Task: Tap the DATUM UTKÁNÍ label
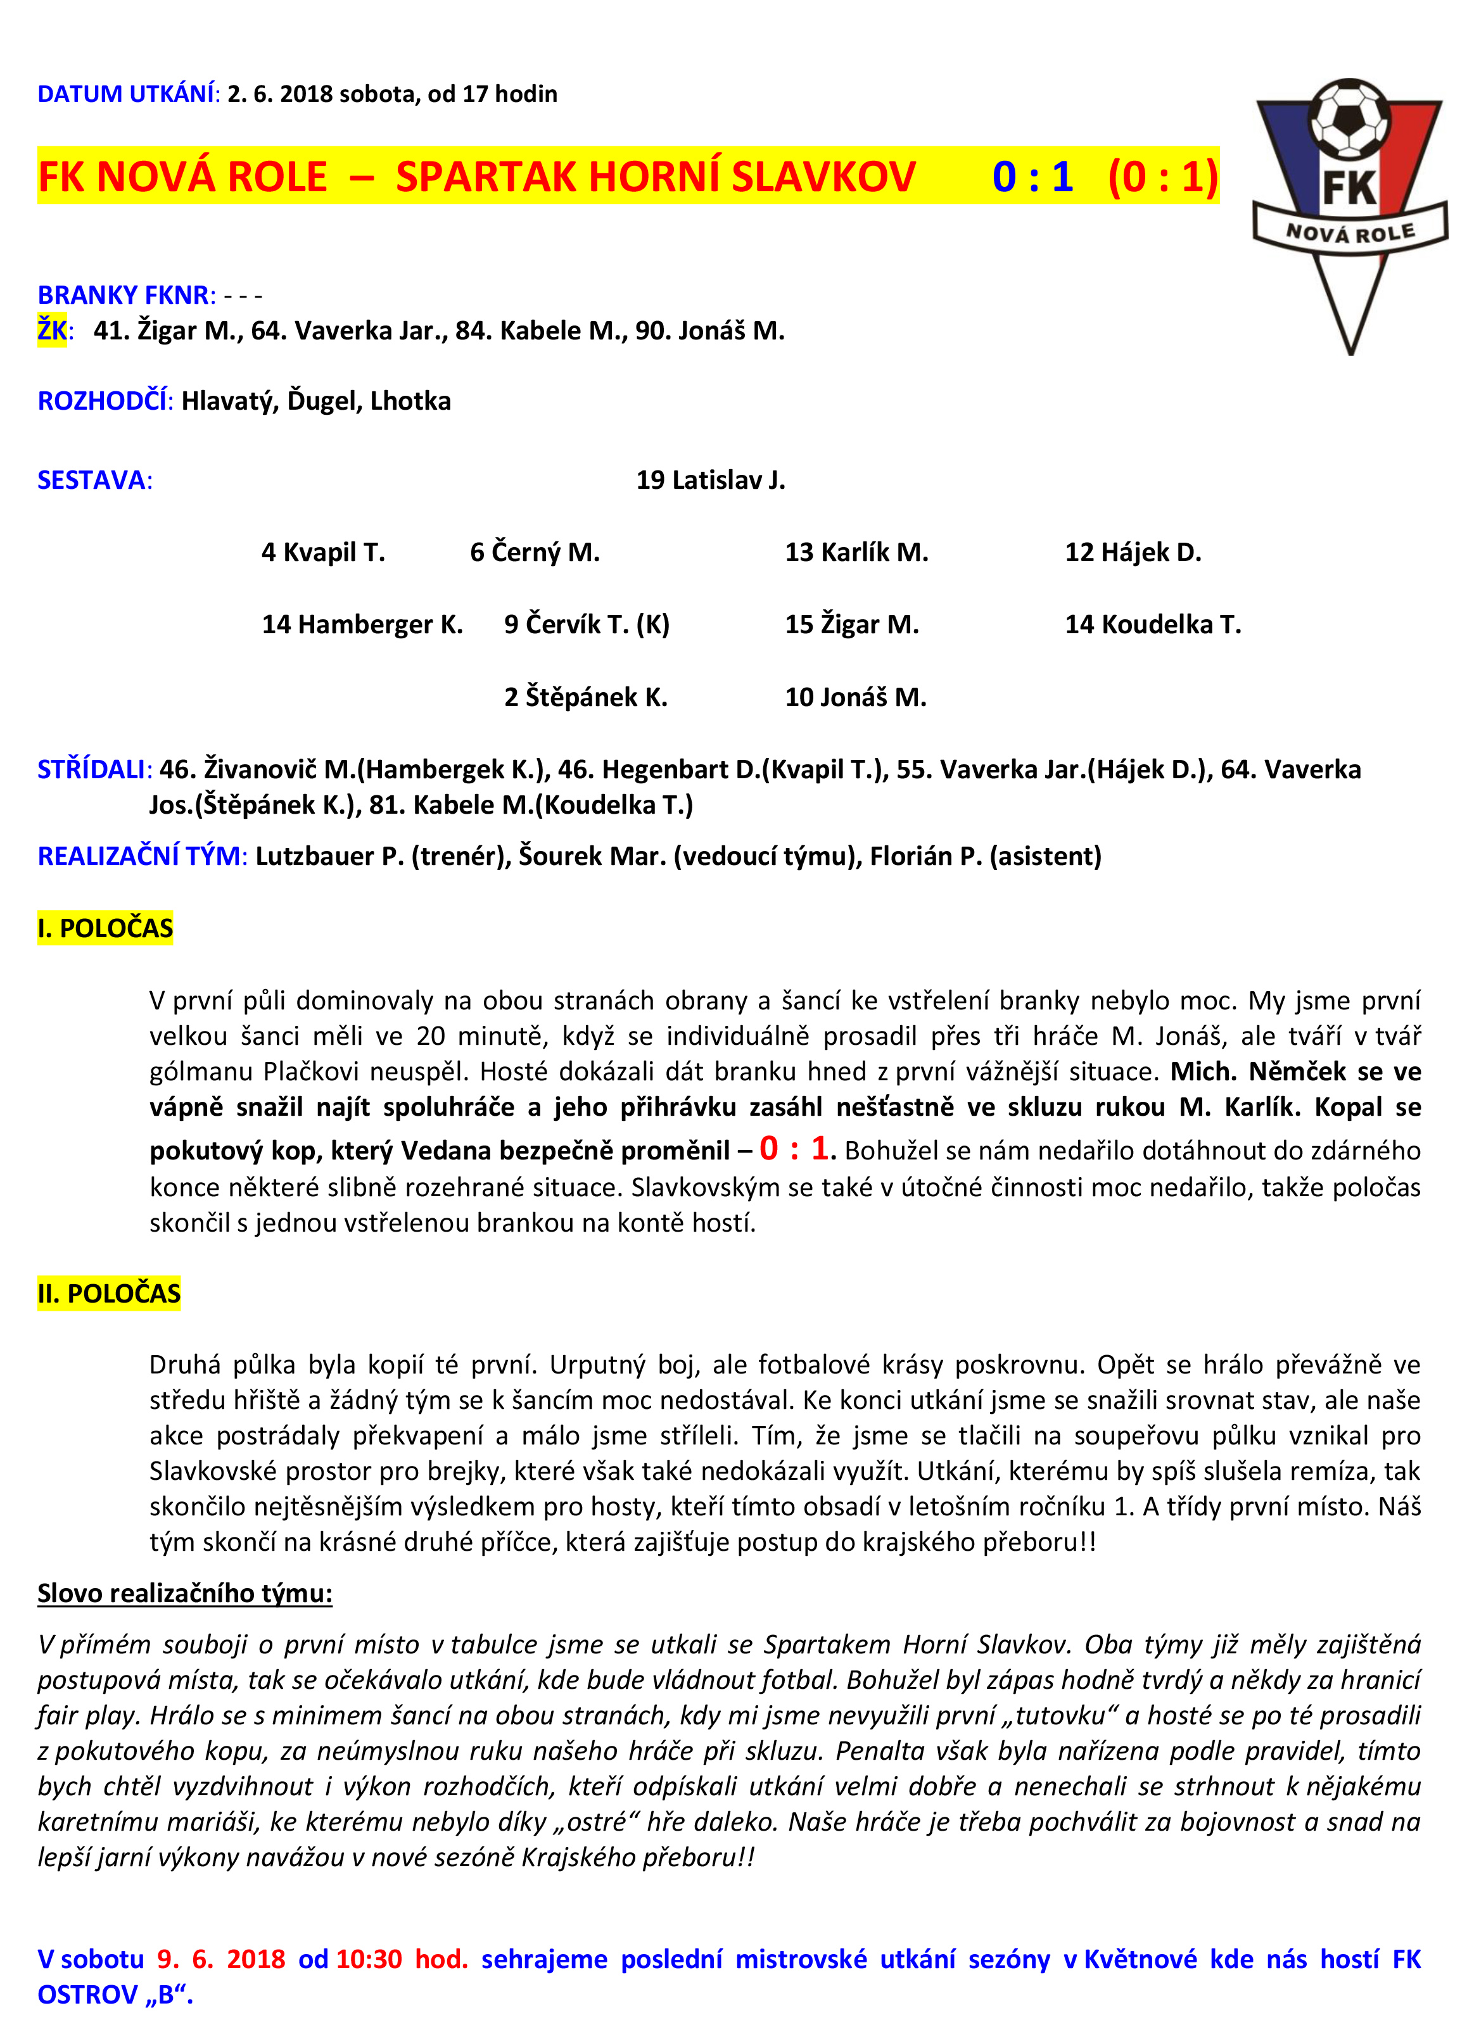(x=127, y=94)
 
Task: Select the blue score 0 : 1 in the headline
(x=1032, y=176)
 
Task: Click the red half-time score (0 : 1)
(x=1162, y=176)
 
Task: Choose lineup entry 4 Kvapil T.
(x=323, y=553)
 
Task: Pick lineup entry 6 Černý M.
(x=535, y=553)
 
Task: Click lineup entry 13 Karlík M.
(x=856, y=553)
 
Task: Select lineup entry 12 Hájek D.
(x=1133, y=553)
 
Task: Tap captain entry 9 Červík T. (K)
(x=586, y=625)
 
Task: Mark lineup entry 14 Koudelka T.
(x=1153, y=625)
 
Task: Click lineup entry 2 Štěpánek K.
(x=585, y=697)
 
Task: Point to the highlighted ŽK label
(x=52, y=331)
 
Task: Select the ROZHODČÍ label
(x=103, y=401)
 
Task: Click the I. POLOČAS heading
(x=105, y=929)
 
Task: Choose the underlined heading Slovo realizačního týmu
(x=184, y=1593)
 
